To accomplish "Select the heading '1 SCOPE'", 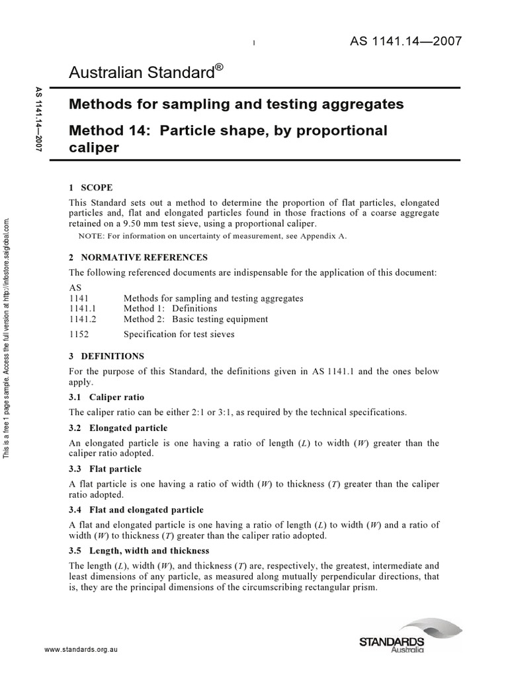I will (x=91, y=187).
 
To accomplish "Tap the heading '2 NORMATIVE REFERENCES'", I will (x=138, y=257).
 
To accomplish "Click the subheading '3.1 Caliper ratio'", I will (x=106, y=397).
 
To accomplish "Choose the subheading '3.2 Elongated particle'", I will (x=118, y=428).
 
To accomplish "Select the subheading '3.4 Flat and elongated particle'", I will (x=136, y=510).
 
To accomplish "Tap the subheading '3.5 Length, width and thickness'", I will (x=139, y=550).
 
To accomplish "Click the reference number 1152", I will (x=79, y=334).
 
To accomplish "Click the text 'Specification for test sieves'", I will (x=179, y=334).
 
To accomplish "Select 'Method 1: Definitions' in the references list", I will (x=170, y=308).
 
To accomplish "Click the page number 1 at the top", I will (x=254, y=44).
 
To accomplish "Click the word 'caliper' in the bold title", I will (x=94, y=147).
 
